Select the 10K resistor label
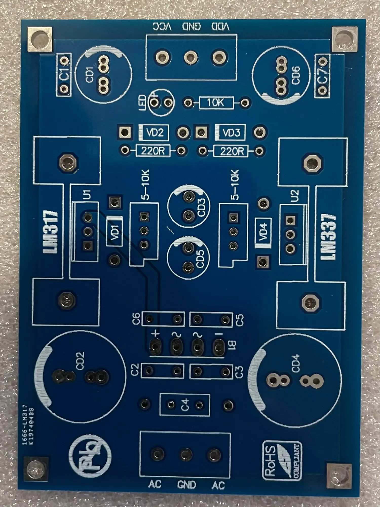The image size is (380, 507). point(216,103)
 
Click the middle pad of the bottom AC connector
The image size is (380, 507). point(186,454)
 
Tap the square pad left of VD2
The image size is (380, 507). point(125,132)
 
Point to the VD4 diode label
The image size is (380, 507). point(263,231)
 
